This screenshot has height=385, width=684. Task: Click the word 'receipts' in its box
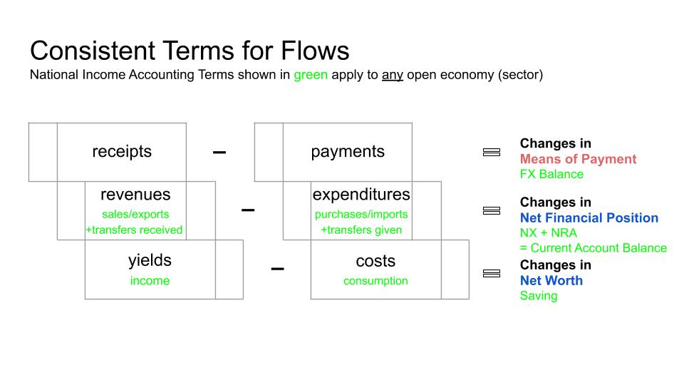pyautogui.click(x=122, y=151)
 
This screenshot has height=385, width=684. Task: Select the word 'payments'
pyautogui.click(x=348, y=151)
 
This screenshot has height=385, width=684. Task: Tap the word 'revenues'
pyautogui.click(x=135, y=194)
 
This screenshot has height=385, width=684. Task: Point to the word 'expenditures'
pyautogui.click(x=361, y=194)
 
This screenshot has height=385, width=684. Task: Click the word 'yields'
pyautogui.click(x=150, y=260)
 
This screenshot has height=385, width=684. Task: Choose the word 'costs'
pyautogui.click(x=375, y=261)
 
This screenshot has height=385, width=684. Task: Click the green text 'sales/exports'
pyautogui.click(x=135, y=215)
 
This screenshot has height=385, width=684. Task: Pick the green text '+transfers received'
pyautogui.click(x=134, y=230)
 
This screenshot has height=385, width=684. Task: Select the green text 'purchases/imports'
pyautogui.click(x=361, y=215)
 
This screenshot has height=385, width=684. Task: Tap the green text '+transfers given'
pyautogui.click(x=361, y=230)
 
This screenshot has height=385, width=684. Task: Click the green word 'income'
pyautogui.click(x=150, y=281)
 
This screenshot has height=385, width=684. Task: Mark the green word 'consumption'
pyautogui.click(x=375, y=281)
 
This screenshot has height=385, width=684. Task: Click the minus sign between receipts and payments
pyautogui.click(x=219, y=153)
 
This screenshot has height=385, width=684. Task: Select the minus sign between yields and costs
pyautogui.click(x=277, y=269)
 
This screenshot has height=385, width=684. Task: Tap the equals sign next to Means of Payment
pyautogui.click(x=492, y=152)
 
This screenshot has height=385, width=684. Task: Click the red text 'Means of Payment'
pyautogui.click(x=578, y=159)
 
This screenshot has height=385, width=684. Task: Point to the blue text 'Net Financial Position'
pyautogui.click(x=589, y=217)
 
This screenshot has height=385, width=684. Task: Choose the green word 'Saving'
pyautogui.click(x=539, y=295)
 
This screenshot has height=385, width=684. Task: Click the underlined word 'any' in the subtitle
pyautogui.click(x=392, y=75)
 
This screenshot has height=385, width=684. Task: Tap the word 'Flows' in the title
pyautogui.click(x=315, y=50)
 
